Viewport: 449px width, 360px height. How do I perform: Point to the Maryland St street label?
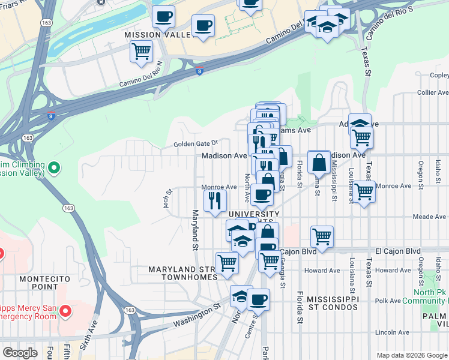(x=194, y=230)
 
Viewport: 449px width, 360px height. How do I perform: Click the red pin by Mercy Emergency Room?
(x=66, y=312)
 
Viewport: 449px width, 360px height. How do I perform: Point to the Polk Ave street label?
(x=387, y=301)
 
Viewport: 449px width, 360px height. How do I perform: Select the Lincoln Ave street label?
(x=392, y=332)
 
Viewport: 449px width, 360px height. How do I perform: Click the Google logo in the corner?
(x=20, y=353)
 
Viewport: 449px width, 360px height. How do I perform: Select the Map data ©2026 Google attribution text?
(x=412, y=355)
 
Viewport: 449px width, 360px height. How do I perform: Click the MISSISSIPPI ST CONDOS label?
(x=333, y=304)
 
